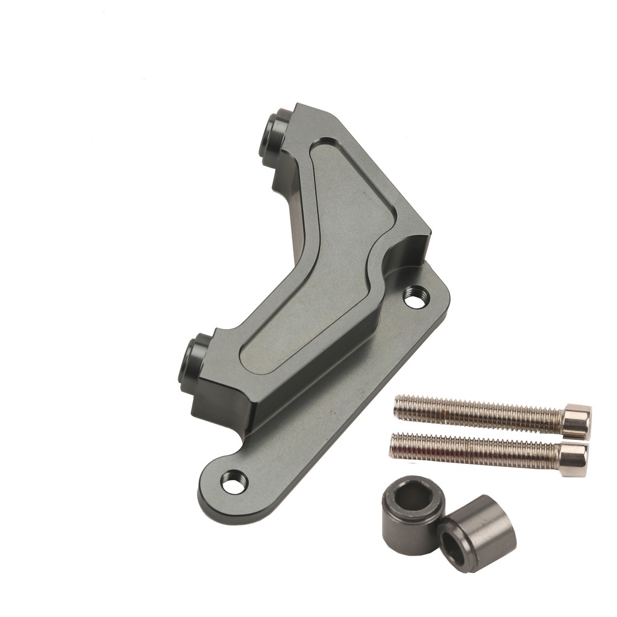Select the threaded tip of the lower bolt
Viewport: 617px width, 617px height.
[x=395, y=444]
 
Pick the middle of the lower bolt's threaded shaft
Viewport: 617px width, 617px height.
[x=476, y=453]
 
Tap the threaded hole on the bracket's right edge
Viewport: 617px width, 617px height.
[x=416, y=296]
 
